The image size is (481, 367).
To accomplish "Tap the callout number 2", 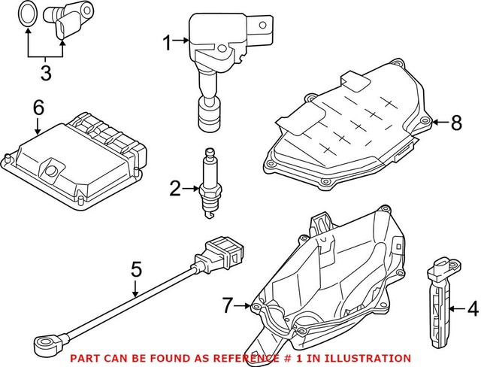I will pyautogui.click(x=175, y=189).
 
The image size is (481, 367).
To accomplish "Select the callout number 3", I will pyautogui.click(x=46, y=74).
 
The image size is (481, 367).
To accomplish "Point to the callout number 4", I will pyautogui.click(x=472, y=307).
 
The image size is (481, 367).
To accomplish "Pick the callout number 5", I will pyautogui.click(x=136, y=268).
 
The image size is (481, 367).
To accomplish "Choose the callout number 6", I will pyautogui.click(x=38, y=108).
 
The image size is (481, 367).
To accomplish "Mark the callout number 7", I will pyautogui.click(x=228, y=305).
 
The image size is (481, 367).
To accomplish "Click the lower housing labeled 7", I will pyautogui.click(x=331, y=278).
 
